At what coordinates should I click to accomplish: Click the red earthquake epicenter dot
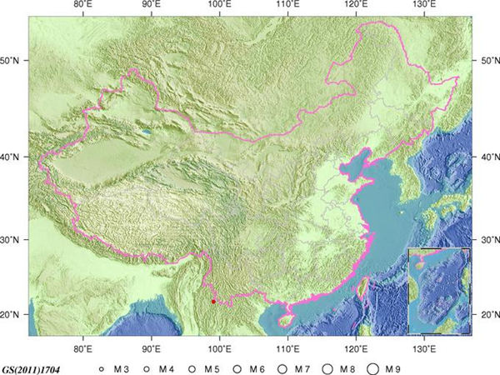pyautogui.click(x=213, y=301)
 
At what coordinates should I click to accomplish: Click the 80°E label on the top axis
pyautogui.click(x=83, y=6)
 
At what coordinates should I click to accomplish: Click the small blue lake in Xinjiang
pyautogui.click(x=147, y=131)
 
